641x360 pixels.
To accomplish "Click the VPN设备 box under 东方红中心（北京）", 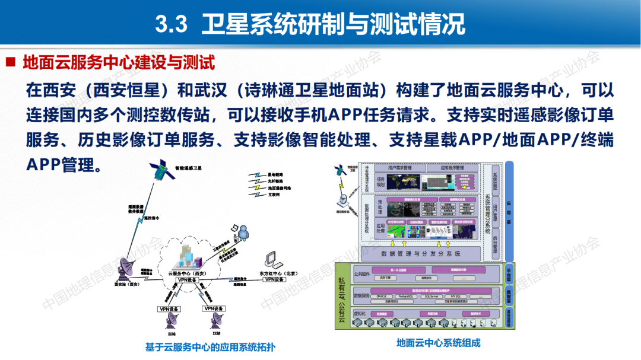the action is point(275,279).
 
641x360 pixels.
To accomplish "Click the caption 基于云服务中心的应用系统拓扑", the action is point(211,348).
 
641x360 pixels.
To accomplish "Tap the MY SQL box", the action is point(455,296).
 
